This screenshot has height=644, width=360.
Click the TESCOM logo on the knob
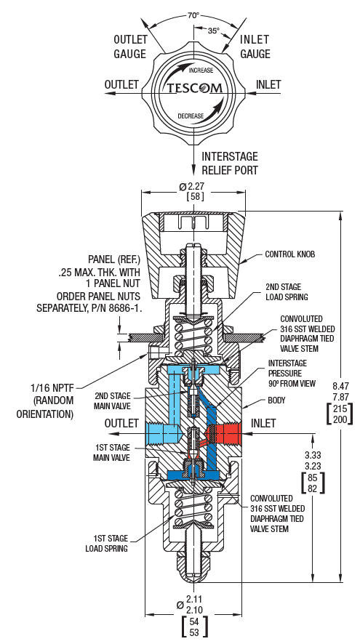click(193, 89)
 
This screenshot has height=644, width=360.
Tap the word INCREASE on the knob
click(201, 71)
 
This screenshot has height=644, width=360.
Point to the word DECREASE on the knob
click(191, 116)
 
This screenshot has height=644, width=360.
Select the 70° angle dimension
click(193, 15)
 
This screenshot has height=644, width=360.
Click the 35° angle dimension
click(213, 31)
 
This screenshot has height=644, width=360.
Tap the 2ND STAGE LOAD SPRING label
click(284, 291)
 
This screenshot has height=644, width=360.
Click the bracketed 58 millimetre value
click(194, 197)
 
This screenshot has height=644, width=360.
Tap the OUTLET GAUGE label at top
click(130, 46)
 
